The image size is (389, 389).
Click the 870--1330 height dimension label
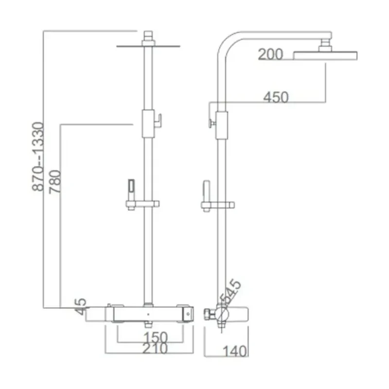click(x=38, y=157)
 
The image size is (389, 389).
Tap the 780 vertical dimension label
click(x=55, y=181)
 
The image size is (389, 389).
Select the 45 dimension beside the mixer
click(x=80, y=307)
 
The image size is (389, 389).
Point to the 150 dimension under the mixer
click(x=156, y=337)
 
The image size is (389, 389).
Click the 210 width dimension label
click(x=155, y=348)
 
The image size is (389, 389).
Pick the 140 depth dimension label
click(x=235, y=351)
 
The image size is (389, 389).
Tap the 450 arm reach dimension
click(x=276, y=97)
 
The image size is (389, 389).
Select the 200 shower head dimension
click(x=270, y=54)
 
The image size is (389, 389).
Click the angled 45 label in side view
click(x=231, y=292)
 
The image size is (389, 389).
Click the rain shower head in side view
click(x=325, y=55)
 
